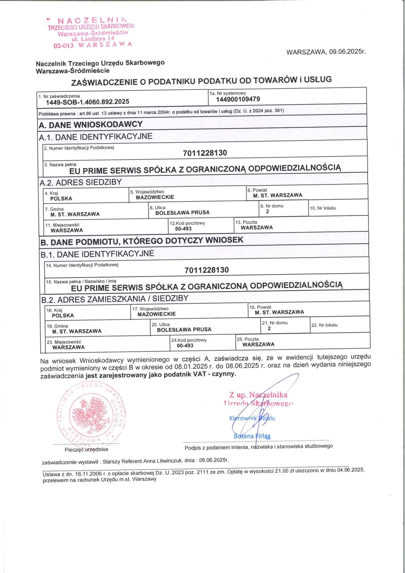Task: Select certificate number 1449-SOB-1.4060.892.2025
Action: (x=87, y=102)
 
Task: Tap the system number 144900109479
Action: (x=238, y=99)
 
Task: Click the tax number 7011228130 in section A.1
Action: (x=205, y=153)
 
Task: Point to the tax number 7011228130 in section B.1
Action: (x=207, y=270)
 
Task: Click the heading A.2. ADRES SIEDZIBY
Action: (x=81, y=182)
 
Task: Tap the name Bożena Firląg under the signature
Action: (x=252, y=436)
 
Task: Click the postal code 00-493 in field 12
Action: (x=183, y=229)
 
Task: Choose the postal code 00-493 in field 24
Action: (x=185, y=346)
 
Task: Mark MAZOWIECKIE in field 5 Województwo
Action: (x=155, y=197)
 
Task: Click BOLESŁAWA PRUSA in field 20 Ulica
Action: (x=184, y=329)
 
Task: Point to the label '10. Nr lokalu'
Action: (x=323, y=208)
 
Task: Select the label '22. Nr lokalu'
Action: (x=324, y=325)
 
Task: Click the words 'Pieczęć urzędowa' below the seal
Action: (x=86, y=449)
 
